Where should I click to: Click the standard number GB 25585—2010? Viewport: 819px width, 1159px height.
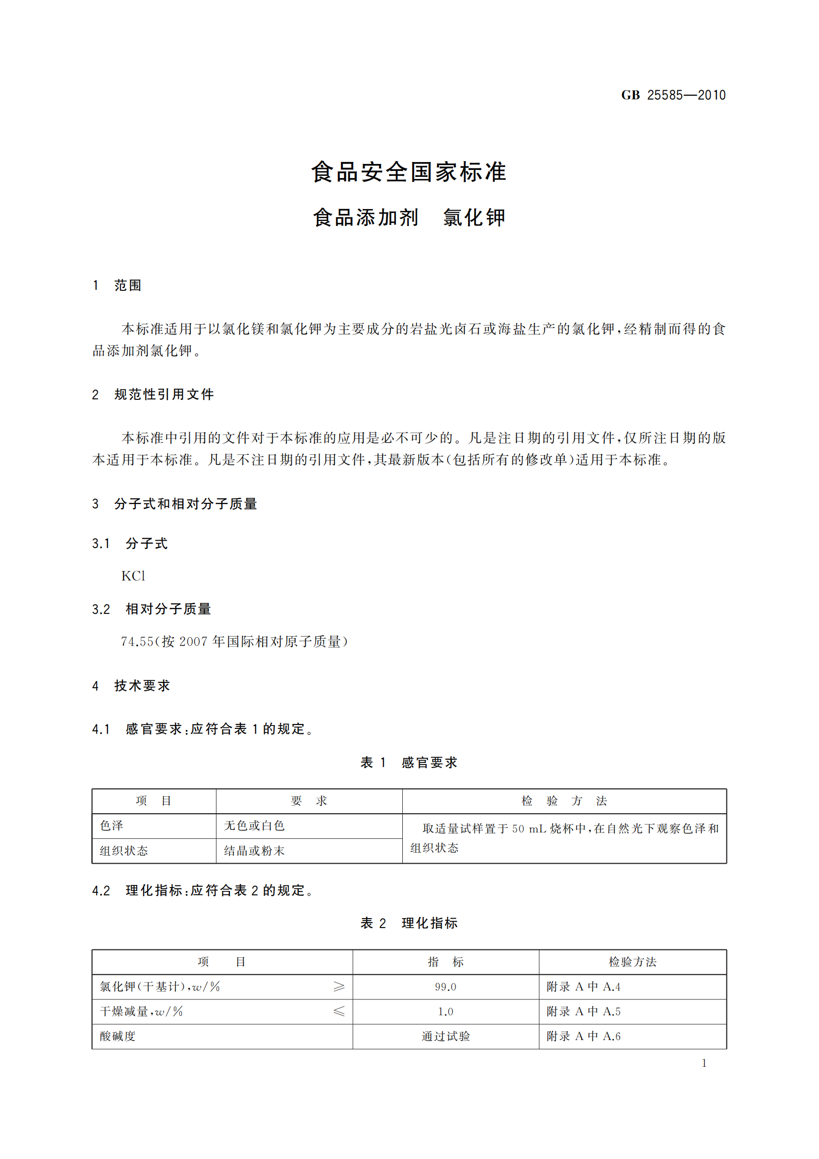click(x=673, y=95)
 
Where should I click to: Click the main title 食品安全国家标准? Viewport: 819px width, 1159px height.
click(x=409, y=172)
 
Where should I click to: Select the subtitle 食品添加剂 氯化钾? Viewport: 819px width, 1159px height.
click(x=409, y=218)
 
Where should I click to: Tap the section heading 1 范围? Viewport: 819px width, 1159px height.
click(x=117, y=285)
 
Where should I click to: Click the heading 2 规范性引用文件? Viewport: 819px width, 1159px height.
click(x=153, y=394)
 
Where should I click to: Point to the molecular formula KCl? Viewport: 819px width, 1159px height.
click(x=133, y=576)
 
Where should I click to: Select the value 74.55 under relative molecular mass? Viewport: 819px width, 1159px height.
click(x=137, y=642)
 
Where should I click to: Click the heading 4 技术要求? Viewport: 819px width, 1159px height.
click(x=131, y=685)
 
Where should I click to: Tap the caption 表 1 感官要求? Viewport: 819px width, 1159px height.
click(x=409, y=762)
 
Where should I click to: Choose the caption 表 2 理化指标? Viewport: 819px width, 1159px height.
click(x=409, y=923)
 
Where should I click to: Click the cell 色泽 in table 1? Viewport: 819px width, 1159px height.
click(x=111, y=826)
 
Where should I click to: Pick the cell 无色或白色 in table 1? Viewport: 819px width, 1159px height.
click(x=254, y=826)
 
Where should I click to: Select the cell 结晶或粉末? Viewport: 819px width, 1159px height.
click(x=254, y=851)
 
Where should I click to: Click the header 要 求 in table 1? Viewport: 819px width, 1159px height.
click(x=309, y=801)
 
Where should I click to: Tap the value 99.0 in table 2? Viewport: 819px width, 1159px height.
click(x=445, y=987)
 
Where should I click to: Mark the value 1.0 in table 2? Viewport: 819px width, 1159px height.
click(x=445, y=1012)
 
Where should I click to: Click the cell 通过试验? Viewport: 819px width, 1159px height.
click(x=445, y=1036)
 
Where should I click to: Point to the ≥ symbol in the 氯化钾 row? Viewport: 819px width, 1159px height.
click(x=339, y=987)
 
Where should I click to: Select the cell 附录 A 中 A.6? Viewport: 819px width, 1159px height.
click(x=583, y=1036)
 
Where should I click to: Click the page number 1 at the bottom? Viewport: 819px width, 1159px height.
click(x=704, y=1063)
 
